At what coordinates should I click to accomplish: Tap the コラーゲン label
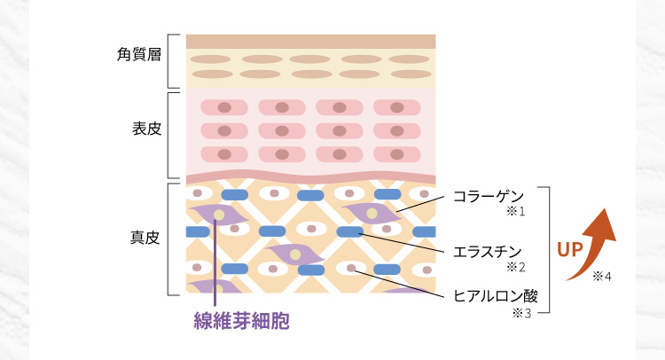(x=489, y=196)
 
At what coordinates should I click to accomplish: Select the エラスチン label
(x=489, y=251)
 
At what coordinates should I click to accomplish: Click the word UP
(x=569, y=249)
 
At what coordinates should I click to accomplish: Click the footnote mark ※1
(x=516, y=212)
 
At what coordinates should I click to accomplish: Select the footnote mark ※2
(x=516, y=267)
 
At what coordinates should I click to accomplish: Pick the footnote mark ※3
(x=520, y=313)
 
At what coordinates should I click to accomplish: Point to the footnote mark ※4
(x=602, y=276)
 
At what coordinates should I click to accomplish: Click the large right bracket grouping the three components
(x=550, y=250)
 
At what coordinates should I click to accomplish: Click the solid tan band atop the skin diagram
(x=310, y=41)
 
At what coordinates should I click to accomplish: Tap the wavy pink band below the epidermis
(x=310, y=176)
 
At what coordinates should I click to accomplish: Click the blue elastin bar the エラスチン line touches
(x=350, y=232)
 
